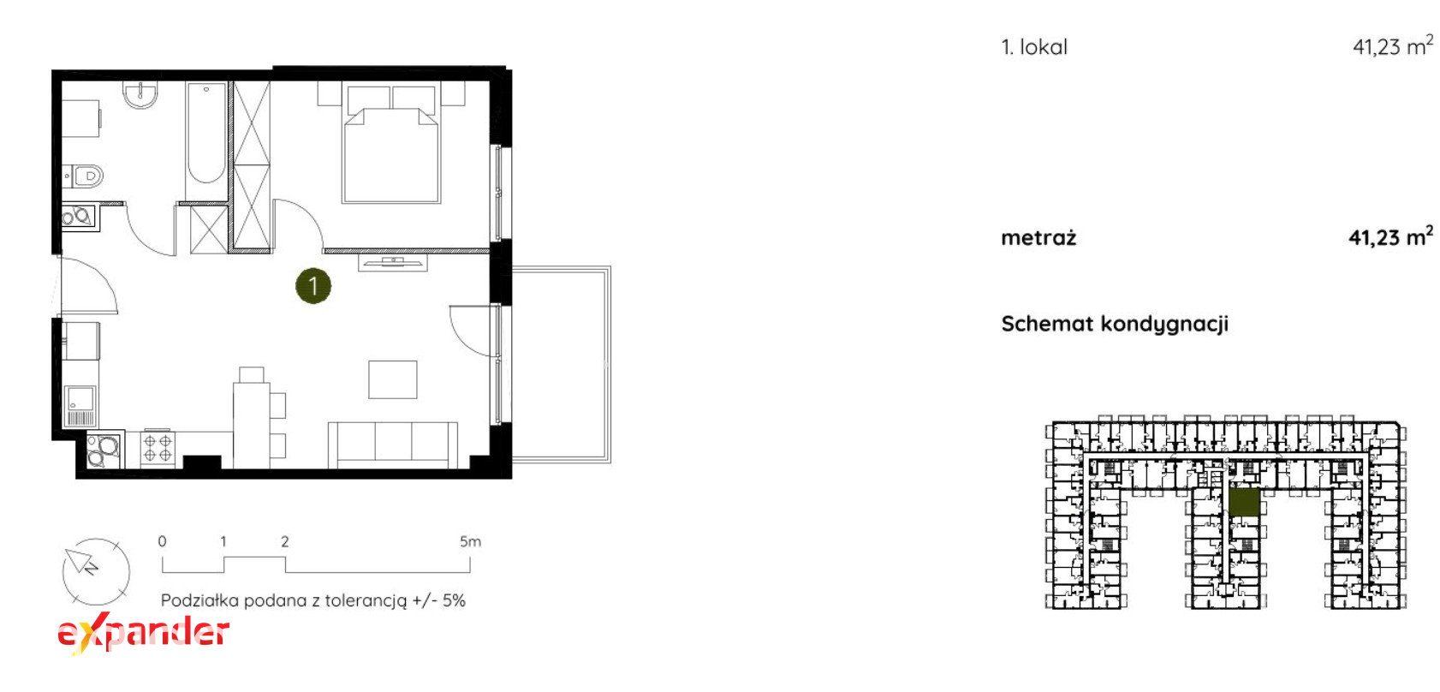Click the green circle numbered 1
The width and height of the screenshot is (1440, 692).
tap(313, 285)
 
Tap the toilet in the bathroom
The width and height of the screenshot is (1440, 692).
tap(84, 175)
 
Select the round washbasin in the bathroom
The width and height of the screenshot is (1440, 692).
tap(140, 95)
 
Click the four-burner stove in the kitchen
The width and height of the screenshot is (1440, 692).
tap(158, 448)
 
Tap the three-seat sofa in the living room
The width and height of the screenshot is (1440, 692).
tap(393, 444)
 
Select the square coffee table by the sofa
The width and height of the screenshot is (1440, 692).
tap(392, 379)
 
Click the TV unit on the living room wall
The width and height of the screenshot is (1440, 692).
tap(392, 262)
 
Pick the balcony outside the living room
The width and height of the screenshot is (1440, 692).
tap(561, 365)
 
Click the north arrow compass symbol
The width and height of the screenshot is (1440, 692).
tap(96, 572)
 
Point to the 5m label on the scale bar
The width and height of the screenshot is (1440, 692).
tap(470, 541)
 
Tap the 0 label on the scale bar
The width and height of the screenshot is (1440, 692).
tap(162, 541)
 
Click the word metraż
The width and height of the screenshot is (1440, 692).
tap(1038, 238)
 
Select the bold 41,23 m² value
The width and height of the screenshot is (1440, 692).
tap(1390, 236)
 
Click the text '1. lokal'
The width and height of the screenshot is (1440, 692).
tap(1033, 47)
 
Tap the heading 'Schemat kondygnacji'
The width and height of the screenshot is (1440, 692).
tap(1115, 324)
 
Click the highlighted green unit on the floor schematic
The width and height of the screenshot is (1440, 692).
tap(1244, 502)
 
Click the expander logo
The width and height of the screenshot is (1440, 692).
tap(143, 633)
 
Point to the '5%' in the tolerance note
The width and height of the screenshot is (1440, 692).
tap(453, 600)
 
